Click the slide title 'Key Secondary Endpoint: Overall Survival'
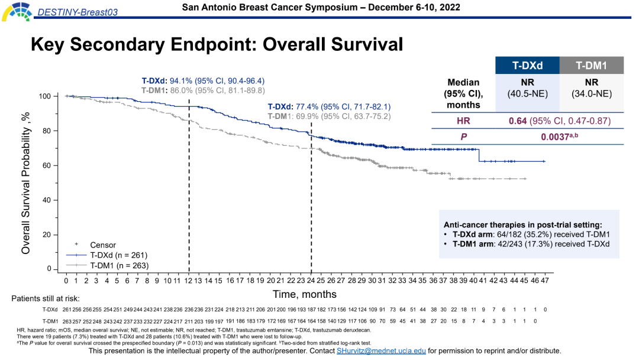coord(217,44)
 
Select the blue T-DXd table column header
coord(527,66)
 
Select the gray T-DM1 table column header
coord(591,66)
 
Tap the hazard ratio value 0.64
coord(518,121)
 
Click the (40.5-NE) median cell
coord(527,93)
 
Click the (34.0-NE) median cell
coord(591,93)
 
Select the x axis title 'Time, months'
coord(305,294)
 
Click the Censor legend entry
coord(102,245)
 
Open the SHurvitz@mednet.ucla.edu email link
coord(381,351)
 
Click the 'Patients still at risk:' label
coord(45,298)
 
